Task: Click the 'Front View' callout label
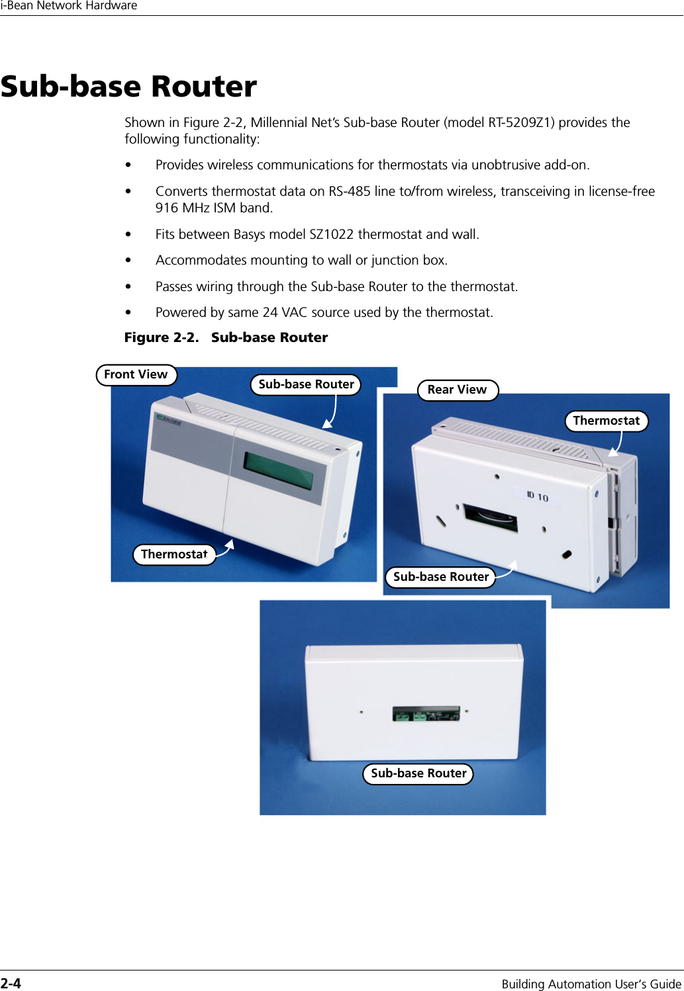coord(136,374)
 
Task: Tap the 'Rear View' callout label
coord(457,390)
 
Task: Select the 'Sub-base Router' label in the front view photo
coord(306,384)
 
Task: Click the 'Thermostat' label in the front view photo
coord(174,554)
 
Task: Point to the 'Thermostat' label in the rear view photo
coord(606,421)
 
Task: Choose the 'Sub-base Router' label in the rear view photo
coord(440,577)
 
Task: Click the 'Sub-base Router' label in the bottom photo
coord(418,773)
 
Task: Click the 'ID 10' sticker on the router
coord(538,496)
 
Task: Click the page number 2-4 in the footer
coord(11,983)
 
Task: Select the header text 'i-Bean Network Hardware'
coord(69,6)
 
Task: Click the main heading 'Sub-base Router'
coord(129,87)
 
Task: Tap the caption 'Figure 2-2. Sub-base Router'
coord(226,337)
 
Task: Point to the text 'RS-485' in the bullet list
coord(350,191)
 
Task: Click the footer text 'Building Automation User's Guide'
coord(591,984)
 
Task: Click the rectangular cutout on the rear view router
coord(491,518)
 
